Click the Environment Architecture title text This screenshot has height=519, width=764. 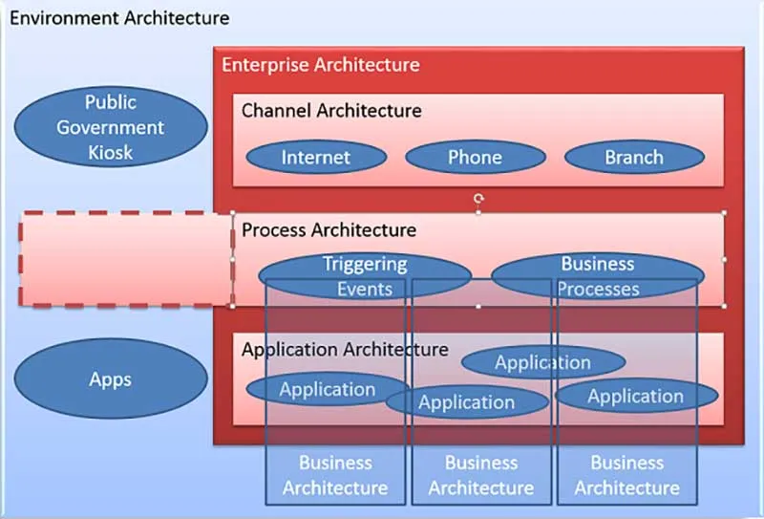119,18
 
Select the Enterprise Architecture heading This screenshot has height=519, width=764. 320,65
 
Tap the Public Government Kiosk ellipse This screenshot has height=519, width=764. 111,127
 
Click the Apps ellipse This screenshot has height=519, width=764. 111,379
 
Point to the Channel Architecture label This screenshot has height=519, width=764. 330,110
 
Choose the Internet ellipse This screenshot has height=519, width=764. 315,158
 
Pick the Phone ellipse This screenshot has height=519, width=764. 475,158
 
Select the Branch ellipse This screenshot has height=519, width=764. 633,158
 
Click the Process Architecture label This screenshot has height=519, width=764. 329,230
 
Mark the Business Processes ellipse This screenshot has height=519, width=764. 598,275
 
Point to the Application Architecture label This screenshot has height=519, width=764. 344,349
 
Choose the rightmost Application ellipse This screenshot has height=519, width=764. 635,396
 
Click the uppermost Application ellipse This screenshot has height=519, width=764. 542,362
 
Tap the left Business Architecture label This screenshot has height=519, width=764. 335,475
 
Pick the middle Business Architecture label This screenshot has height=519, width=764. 480,475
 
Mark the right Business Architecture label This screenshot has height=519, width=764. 626,475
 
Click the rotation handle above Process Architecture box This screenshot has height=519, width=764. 478,199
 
